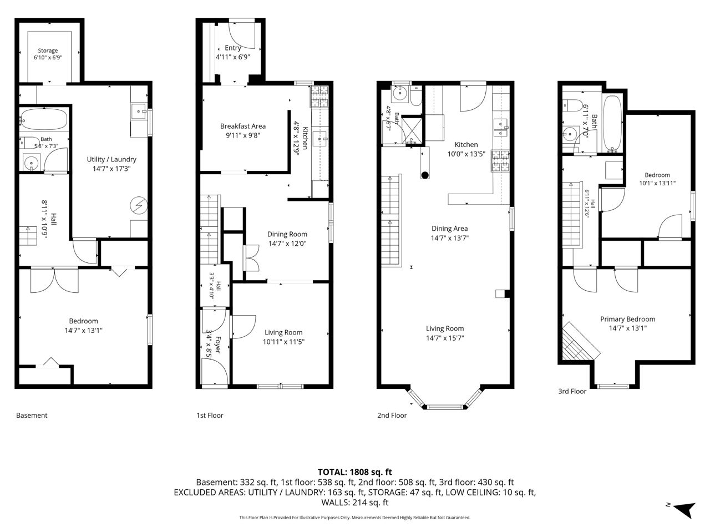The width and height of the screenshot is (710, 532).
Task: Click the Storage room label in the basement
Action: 48,50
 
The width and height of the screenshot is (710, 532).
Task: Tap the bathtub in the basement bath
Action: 44,119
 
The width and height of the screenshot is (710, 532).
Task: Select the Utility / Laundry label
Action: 111,159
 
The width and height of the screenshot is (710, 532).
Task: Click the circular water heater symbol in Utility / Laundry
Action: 139,205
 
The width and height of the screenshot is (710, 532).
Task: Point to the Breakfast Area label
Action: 243,126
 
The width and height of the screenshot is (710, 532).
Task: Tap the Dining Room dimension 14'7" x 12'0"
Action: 287,243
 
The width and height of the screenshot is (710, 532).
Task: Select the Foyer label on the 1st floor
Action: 217,344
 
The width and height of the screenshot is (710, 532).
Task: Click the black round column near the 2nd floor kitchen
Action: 425,175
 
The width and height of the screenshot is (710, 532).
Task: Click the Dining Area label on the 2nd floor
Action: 450,229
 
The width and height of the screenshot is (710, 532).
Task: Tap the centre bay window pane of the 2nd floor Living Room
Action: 445,407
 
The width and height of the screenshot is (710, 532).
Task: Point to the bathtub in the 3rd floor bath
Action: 612,123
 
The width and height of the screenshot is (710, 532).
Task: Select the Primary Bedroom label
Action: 627,319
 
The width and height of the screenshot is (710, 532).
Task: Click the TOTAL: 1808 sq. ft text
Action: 354,472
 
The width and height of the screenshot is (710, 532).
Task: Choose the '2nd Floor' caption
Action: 392,416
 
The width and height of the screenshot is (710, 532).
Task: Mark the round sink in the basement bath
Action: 32,163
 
